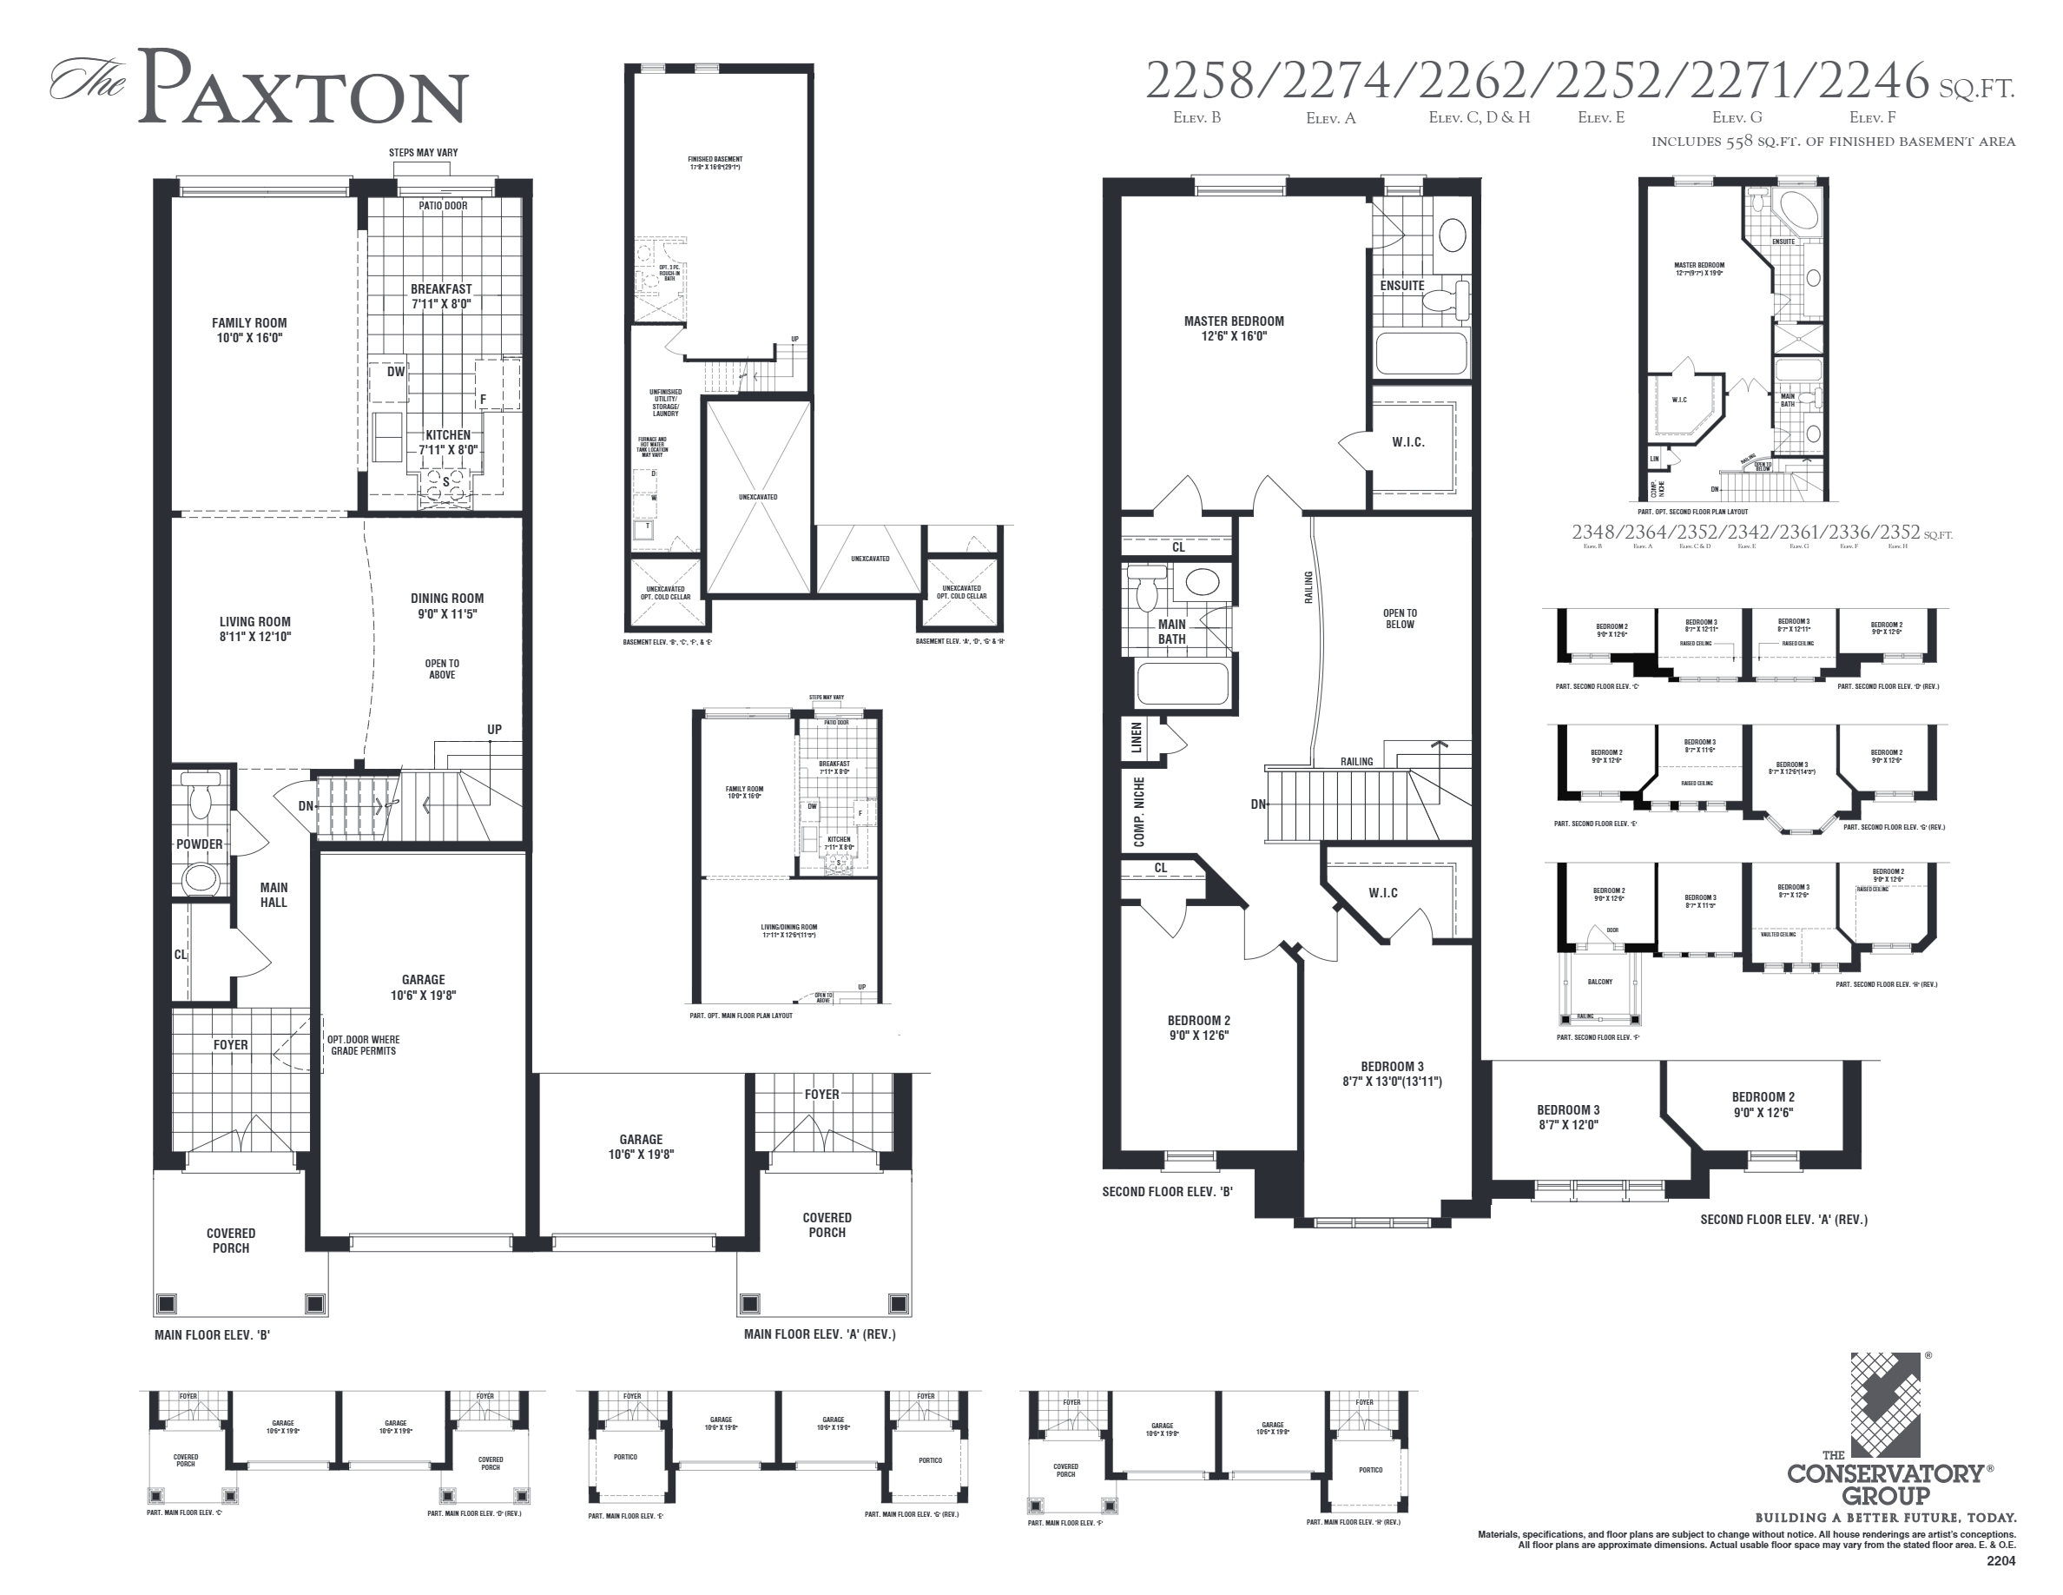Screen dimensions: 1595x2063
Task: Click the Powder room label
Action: [x=200, y=844]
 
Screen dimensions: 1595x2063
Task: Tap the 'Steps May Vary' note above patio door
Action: [x=423, y=153]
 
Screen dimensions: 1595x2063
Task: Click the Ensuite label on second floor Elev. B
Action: [x=1401, y=285]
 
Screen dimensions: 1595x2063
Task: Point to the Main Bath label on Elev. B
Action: [x=1171, y=632]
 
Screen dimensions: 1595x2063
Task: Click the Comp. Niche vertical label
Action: [x=1139, y=811]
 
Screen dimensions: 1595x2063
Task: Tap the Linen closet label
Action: [x=1137, y=737]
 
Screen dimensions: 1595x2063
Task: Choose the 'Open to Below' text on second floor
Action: [x=1399, y=618]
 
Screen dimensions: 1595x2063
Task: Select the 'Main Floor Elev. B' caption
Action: [x=213, y=1335]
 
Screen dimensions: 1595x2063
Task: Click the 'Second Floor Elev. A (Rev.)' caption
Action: [x=1783, y=1219]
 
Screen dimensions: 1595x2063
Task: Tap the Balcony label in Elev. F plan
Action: [x=1599, y=982]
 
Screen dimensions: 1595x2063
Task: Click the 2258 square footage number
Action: [x=1200, y=82]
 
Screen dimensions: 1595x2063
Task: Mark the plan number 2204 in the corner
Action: [x=2000, y=1561]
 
